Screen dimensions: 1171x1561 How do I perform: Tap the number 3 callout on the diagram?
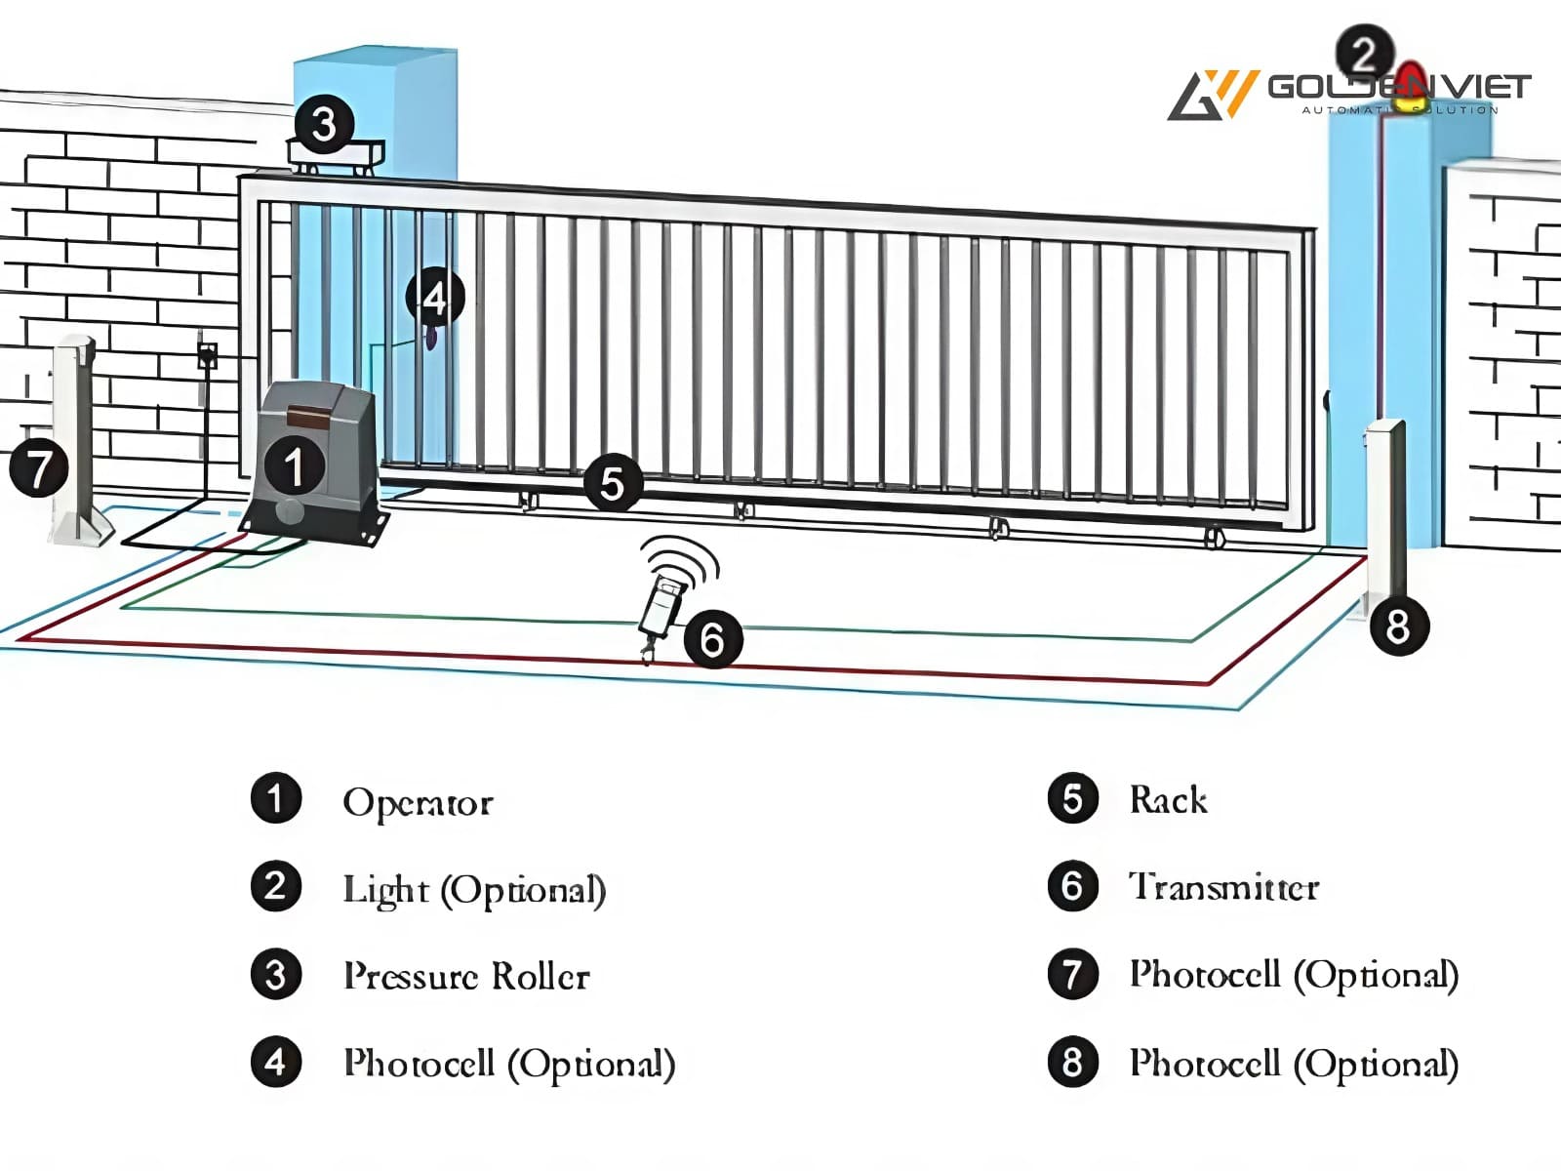324,124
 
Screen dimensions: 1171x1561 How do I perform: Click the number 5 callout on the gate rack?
612,483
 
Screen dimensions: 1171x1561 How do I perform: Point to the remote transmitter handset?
661,605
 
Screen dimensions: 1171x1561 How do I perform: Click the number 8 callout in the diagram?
1398,626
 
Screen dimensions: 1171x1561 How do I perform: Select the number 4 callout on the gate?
435,297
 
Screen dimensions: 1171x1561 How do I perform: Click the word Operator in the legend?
418,802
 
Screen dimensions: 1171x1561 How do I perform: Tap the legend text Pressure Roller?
466,976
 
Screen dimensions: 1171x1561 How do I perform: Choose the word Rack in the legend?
1168,800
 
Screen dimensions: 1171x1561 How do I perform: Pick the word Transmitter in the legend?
1223,887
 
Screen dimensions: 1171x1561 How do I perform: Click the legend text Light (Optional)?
474,890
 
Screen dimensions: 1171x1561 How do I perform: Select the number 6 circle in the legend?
1072,886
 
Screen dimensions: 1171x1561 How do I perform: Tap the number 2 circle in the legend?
276,886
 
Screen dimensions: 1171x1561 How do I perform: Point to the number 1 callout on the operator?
294,466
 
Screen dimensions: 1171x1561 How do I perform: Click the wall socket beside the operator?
207,355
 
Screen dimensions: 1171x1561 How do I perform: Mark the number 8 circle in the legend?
1072,1062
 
